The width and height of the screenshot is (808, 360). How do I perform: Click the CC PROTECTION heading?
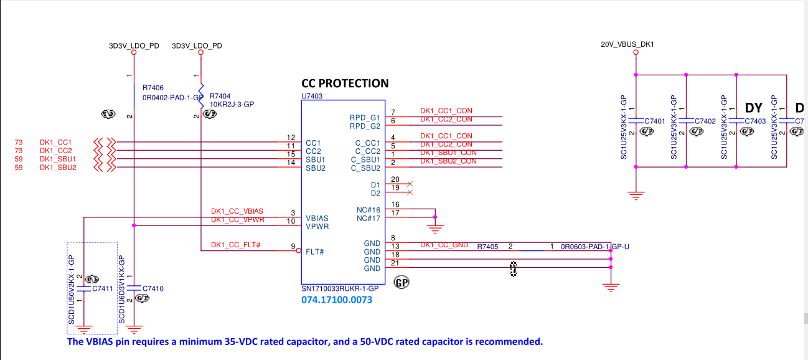[345, 83]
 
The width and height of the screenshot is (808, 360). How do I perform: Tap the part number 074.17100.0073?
[337, 300]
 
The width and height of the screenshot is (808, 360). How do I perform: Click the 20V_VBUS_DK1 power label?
[627, 45]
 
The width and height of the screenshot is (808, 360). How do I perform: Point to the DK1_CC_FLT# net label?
[235, 245]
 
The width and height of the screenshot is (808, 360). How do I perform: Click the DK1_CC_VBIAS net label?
[237, 212]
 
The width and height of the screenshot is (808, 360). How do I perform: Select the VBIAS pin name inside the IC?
[317, 219]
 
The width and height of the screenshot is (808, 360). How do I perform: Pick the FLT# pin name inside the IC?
[314, 252]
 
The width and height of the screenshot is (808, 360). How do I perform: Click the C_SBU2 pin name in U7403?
[365, 168]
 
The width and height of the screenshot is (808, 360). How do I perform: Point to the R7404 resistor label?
[220, 97]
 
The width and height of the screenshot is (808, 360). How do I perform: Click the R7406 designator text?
[153, 88]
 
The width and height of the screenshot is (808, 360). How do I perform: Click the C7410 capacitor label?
[153, 289]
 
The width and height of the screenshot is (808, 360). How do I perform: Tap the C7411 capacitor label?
[102, 289]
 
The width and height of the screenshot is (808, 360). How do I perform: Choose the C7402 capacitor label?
[705, 121]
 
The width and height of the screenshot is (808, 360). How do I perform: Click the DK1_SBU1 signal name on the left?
[58, 159]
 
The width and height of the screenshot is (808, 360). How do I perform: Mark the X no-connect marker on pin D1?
[410, 184]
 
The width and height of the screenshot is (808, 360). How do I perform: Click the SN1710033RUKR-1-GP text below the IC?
[340, 289]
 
